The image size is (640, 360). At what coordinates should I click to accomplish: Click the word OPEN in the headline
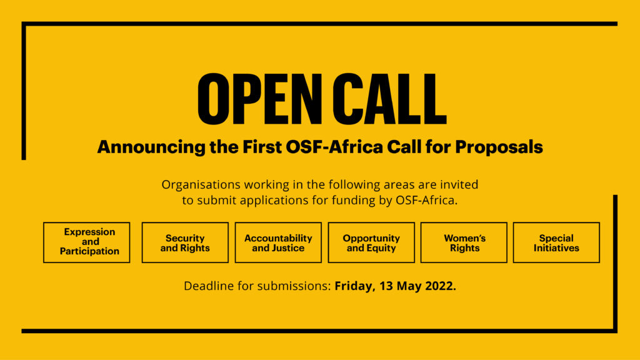259,99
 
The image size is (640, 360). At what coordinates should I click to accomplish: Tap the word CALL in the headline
389,99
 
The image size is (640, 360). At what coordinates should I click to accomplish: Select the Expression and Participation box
86,242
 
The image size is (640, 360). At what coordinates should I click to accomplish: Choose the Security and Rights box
185,242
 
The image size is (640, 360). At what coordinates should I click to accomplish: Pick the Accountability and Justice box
278,242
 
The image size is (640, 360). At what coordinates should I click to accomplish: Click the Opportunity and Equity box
371,242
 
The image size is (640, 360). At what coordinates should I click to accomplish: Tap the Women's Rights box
464,242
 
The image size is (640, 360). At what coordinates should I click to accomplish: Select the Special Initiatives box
556,242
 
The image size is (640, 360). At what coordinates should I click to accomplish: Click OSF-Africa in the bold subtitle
334,147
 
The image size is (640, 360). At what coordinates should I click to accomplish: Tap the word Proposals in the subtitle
499,147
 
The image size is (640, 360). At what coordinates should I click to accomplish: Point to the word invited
459,184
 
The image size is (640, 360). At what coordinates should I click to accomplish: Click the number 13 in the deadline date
386,286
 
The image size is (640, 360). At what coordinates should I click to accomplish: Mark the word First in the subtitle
262,147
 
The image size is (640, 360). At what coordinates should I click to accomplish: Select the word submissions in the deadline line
294,286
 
